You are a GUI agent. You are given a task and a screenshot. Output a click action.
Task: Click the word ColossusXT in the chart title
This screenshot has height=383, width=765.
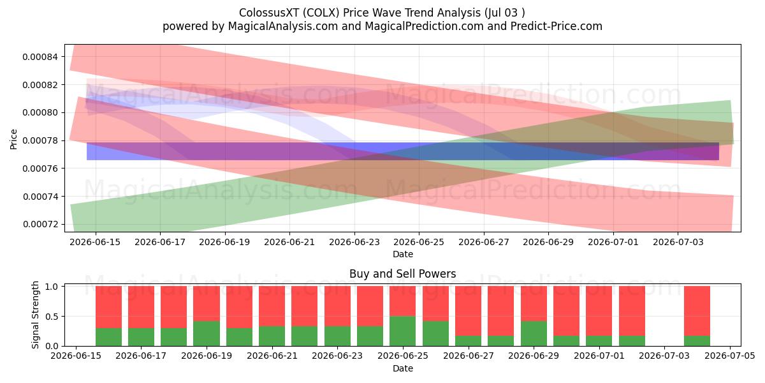[x=269, y=13]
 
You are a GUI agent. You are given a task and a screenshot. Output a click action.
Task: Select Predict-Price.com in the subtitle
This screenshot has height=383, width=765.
[x=557, y=26]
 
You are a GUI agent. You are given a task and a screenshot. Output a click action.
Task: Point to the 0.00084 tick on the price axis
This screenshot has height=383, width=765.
[x=41, y=57]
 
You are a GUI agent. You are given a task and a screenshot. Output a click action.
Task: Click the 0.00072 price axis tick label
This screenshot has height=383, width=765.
[x=41, y=224]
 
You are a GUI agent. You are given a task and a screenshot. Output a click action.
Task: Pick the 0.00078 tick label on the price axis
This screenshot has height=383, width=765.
[x=41, y=140]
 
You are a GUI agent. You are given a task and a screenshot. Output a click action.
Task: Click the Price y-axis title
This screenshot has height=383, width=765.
[x=13, y=140]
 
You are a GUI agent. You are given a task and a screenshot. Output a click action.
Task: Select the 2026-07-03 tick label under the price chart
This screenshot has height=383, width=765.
[x=678, y=242]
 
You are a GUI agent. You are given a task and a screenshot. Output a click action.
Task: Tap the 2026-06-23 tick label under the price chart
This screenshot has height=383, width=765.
[x=354, y=242]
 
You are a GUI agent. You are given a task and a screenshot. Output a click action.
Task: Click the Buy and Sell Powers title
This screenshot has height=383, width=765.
[x=403, y=274]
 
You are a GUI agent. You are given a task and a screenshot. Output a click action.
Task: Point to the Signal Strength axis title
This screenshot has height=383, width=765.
[x=35, y=315]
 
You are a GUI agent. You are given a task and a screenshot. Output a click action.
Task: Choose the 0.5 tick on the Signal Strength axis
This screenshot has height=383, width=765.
[x=52, y=317]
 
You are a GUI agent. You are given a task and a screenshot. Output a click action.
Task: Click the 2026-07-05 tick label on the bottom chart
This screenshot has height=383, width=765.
[x=730, y=356]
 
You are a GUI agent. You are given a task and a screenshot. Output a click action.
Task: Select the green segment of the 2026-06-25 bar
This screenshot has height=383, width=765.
[x=403, y=331]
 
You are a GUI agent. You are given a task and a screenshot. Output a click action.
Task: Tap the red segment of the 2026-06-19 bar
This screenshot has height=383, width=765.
[x=207, y=303]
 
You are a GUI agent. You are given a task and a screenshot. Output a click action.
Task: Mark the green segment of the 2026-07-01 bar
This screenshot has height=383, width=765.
[x=599, y=341]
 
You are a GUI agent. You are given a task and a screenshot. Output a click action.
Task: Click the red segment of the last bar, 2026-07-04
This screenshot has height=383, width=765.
[x=697, y=311]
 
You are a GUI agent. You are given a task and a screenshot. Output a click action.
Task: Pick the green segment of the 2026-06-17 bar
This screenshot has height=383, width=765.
[x=141, y=337]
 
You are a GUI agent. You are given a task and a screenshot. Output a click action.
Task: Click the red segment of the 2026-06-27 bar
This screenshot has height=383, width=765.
[x=468, y=311]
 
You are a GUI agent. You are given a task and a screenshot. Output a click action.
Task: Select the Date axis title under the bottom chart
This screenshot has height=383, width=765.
[x=403, y=368]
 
